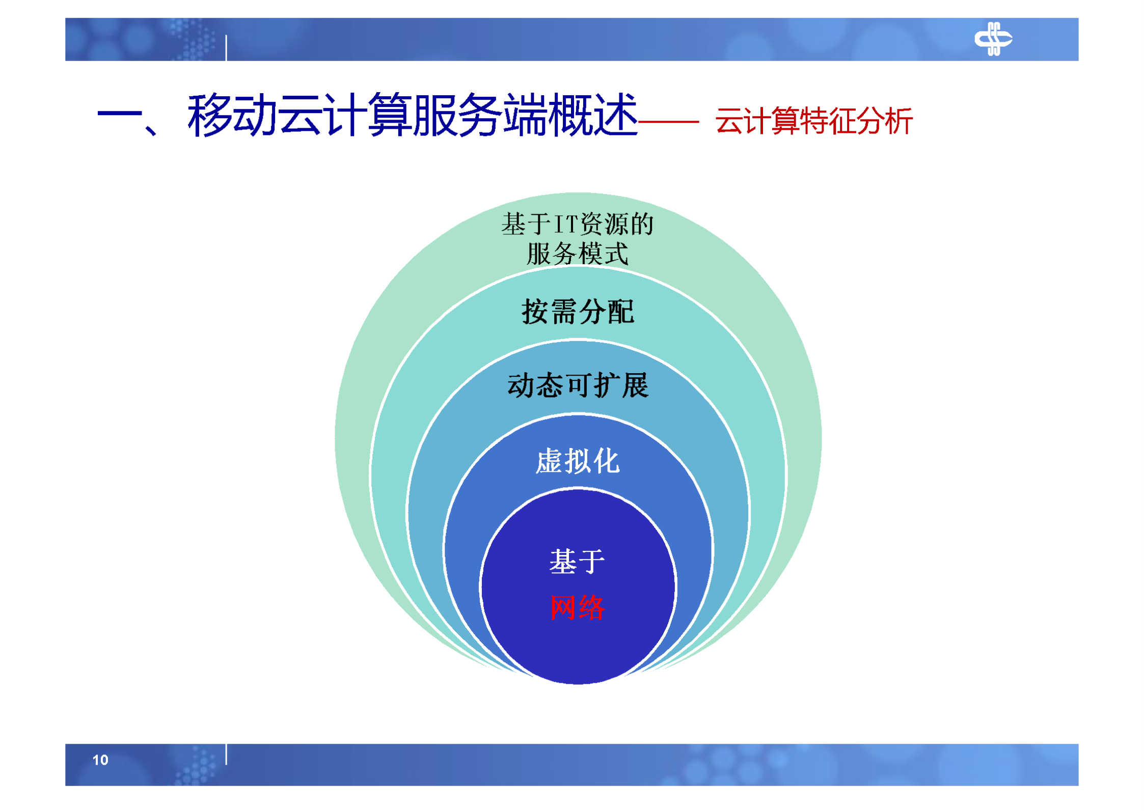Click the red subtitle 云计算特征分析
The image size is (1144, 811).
[813, 121]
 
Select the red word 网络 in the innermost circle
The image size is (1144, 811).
[577, 607]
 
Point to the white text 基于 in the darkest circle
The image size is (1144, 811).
[577, 561]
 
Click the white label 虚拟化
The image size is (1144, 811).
[577, 461]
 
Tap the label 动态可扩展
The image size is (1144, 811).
[577, 385]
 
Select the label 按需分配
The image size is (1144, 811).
[577, 312]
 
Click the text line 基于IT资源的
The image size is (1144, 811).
[577, 224]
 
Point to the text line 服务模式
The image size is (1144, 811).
[577, 254]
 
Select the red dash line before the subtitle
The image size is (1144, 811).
[668, 122]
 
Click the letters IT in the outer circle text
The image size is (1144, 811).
[566, 224]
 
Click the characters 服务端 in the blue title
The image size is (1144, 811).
[479, 116]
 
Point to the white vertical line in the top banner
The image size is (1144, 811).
[226, 48]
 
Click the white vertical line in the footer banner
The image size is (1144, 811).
[226, 753]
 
